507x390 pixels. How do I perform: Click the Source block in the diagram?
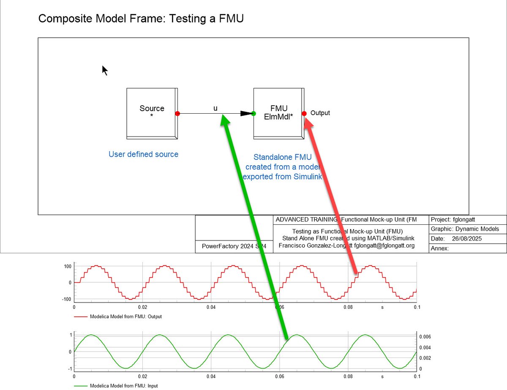click(152, 113)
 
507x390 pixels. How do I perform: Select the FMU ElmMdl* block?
click(278, 113)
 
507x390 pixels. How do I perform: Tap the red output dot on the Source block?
click(177, 113)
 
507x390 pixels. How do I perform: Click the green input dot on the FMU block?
click(253, 113)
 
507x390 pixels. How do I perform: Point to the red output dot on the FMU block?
click(304, 113)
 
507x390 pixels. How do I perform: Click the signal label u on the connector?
click(215, 108)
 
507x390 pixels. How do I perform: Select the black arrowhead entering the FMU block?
click(246, 113)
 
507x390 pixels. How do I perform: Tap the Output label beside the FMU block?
click(320, 113)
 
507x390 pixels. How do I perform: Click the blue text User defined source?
click(143, 154)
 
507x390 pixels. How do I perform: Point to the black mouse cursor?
click(104, 70)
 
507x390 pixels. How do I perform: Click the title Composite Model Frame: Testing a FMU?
click(141, 19)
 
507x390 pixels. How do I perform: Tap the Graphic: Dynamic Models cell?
click(465, 229)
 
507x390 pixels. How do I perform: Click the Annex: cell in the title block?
click(440, 248)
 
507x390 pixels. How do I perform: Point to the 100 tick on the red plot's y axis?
click(68, 266)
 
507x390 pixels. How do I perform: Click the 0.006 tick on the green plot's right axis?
click(425, 337)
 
